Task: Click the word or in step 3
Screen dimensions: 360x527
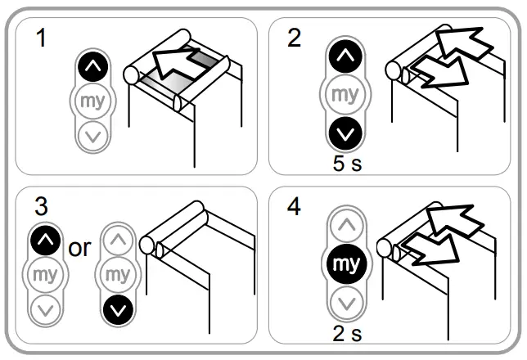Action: [80, 249]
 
